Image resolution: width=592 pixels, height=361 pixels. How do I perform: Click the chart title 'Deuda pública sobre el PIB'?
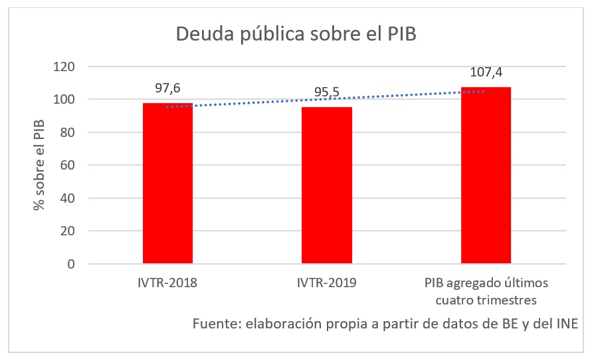[x=296, y=35]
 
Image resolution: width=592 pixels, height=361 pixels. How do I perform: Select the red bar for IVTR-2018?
[x=167, y=183]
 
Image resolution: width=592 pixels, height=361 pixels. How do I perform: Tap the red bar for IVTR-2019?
[x=327, y=185]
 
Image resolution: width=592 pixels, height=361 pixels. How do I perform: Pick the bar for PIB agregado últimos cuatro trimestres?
[x=486, y=176]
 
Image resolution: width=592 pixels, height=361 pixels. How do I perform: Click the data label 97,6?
[x=167, y=87]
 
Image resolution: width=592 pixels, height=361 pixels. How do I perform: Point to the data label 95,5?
[x=327, y=92]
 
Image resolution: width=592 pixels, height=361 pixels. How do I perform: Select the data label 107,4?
[x=486, y=72]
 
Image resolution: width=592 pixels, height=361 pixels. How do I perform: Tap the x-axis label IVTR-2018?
[x=167, y=283]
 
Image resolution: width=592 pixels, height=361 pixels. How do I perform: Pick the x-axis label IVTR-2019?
[x=327, y=283]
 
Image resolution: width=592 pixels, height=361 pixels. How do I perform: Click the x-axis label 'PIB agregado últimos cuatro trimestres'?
[x=486, y=291]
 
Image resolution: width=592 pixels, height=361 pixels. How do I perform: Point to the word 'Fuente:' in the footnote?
[x=217, y=324]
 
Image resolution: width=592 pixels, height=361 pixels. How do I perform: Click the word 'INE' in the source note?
[x=567, y=324]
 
